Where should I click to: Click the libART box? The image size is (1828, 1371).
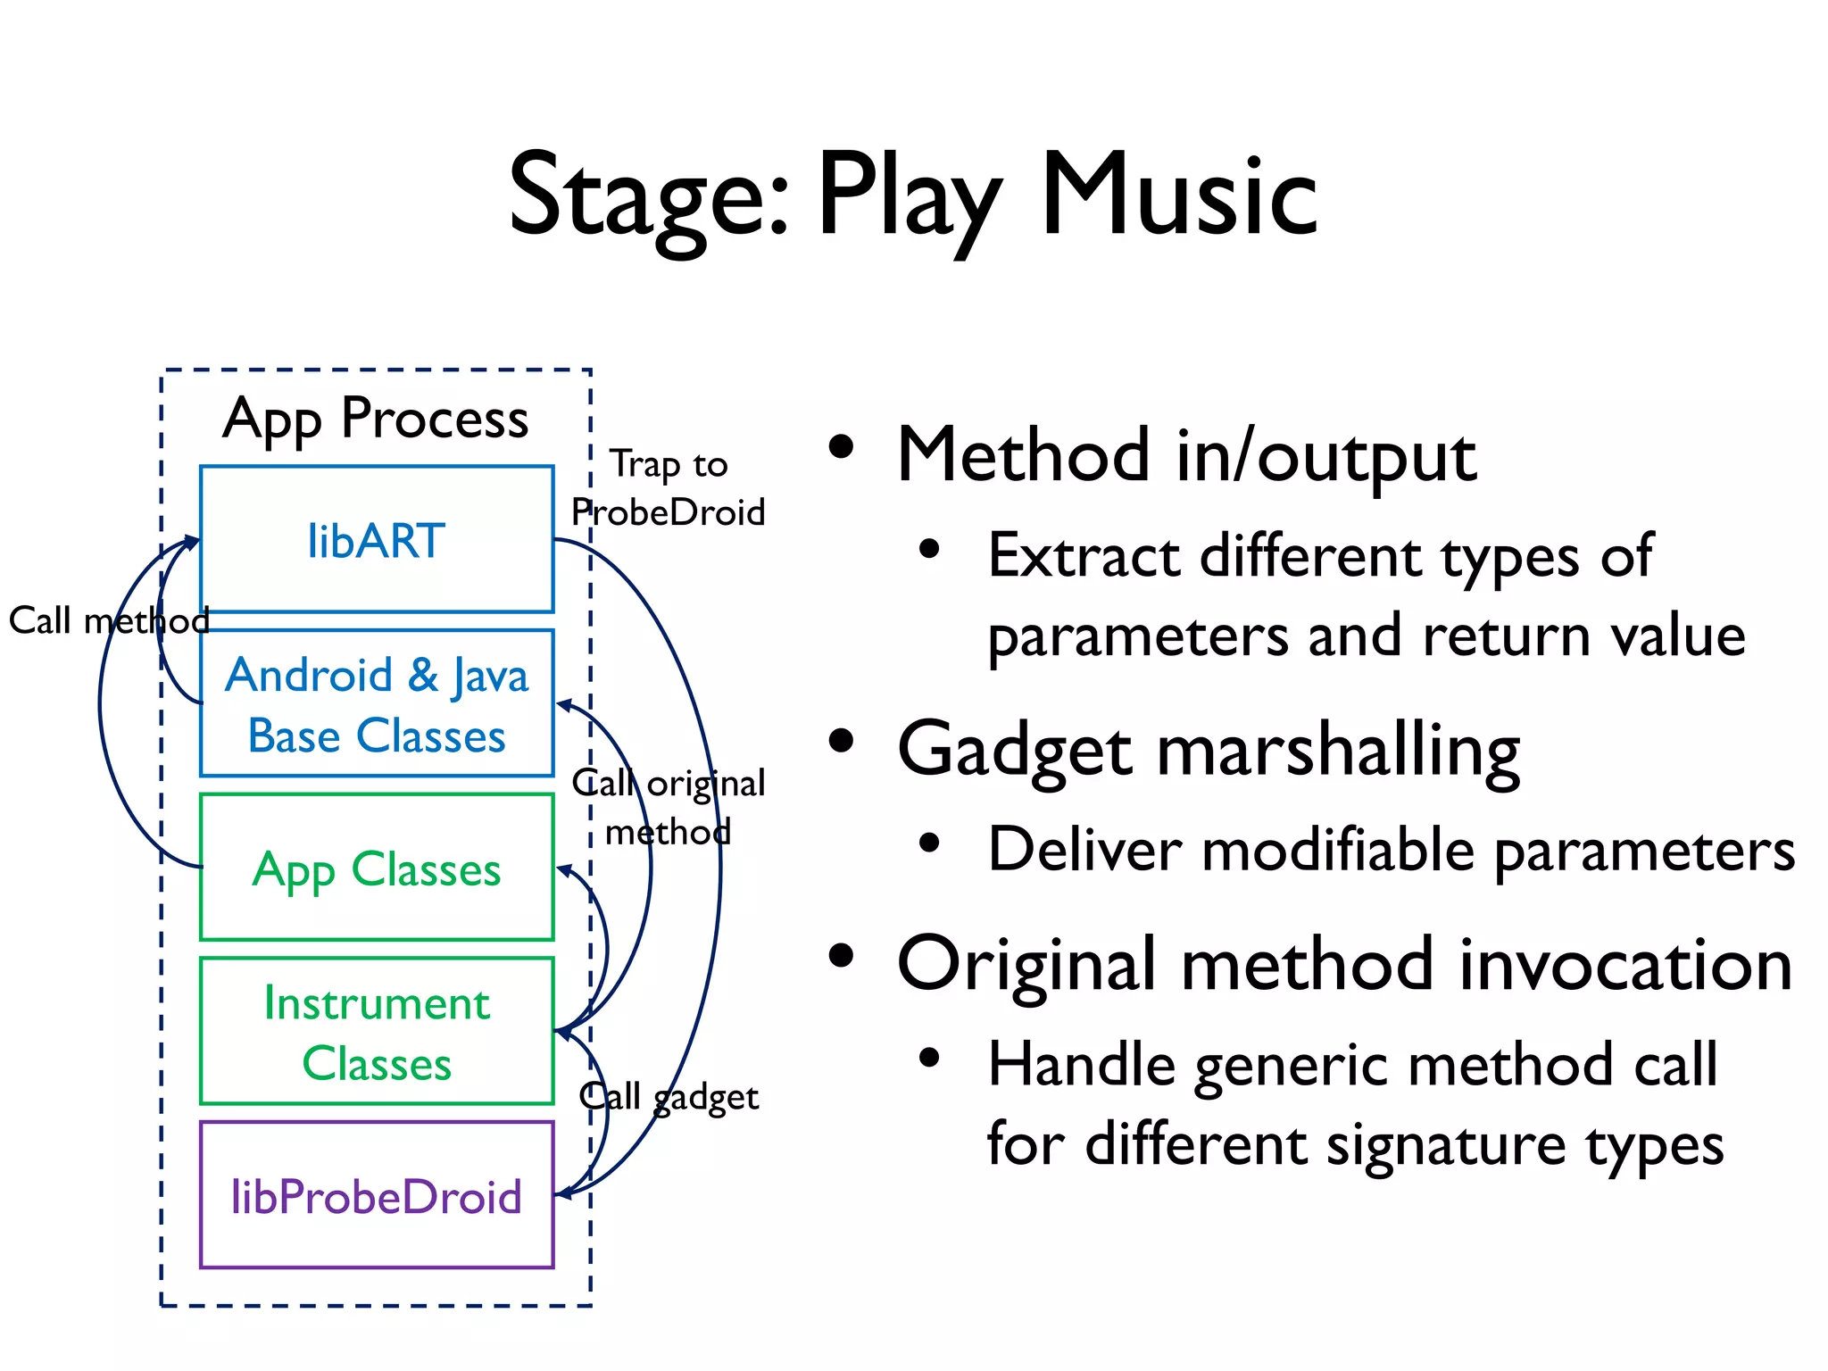click(x=376, y=540)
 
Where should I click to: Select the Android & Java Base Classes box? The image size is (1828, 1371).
click(x=376, y=703)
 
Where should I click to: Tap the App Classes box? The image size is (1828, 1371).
click(x=376, y=868)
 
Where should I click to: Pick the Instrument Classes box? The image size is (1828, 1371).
click(x=376, y=1032)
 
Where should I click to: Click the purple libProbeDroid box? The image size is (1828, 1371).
click(x=376, y=1196)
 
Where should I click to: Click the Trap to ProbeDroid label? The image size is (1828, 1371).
click(x=668, y=488)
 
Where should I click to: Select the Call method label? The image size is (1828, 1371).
click(x=109, y=620)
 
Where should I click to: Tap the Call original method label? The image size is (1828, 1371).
click(x=668, y=808)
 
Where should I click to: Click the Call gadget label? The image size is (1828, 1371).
click(x=668, y=1097)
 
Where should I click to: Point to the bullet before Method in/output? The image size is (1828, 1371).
click(x=841, y=446)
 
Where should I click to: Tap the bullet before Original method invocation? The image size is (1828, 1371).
click(x=841, y=956)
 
